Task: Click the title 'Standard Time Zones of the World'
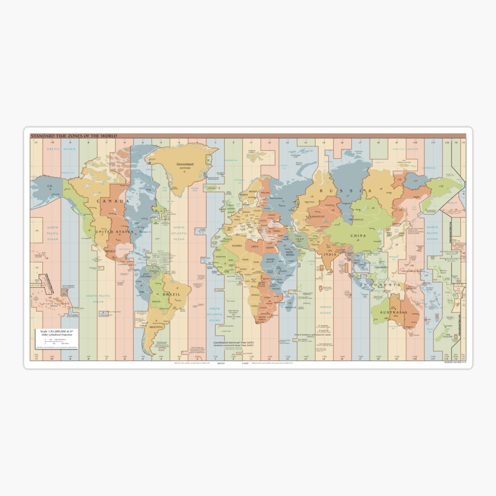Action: point(74,136)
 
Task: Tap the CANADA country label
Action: point(113,201)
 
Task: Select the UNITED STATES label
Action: point(114,232)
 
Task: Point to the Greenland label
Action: point(185,164)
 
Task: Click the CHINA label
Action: point(358,236)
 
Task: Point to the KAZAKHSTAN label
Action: point(315,217)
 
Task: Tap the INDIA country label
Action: point(329,254)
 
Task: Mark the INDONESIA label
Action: point(380,286)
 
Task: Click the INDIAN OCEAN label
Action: point(325,310)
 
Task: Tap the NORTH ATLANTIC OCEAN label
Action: point(179,234)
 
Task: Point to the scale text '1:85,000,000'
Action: point(55,331)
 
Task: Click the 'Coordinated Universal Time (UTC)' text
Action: point(234,343)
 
